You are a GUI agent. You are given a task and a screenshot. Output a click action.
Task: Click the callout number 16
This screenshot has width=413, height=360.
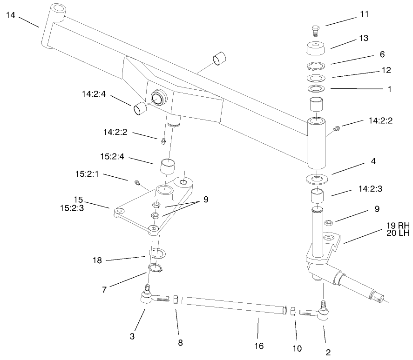(x=259, y=346)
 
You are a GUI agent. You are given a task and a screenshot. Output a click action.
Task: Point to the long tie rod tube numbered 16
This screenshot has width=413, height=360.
(x=233, y=306)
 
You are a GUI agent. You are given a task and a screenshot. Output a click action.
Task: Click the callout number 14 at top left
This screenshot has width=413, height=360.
(x=10, y=15)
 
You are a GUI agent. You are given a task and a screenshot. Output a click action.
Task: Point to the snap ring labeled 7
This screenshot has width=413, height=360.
(x=155, y=268)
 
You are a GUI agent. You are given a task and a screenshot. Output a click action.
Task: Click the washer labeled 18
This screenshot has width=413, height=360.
(x=158, y=253)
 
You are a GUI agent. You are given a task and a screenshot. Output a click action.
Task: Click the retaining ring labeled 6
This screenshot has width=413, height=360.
(x=317, y=66)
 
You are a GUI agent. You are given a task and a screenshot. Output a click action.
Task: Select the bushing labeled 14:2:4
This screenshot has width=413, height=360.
(x=140, y=109)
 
